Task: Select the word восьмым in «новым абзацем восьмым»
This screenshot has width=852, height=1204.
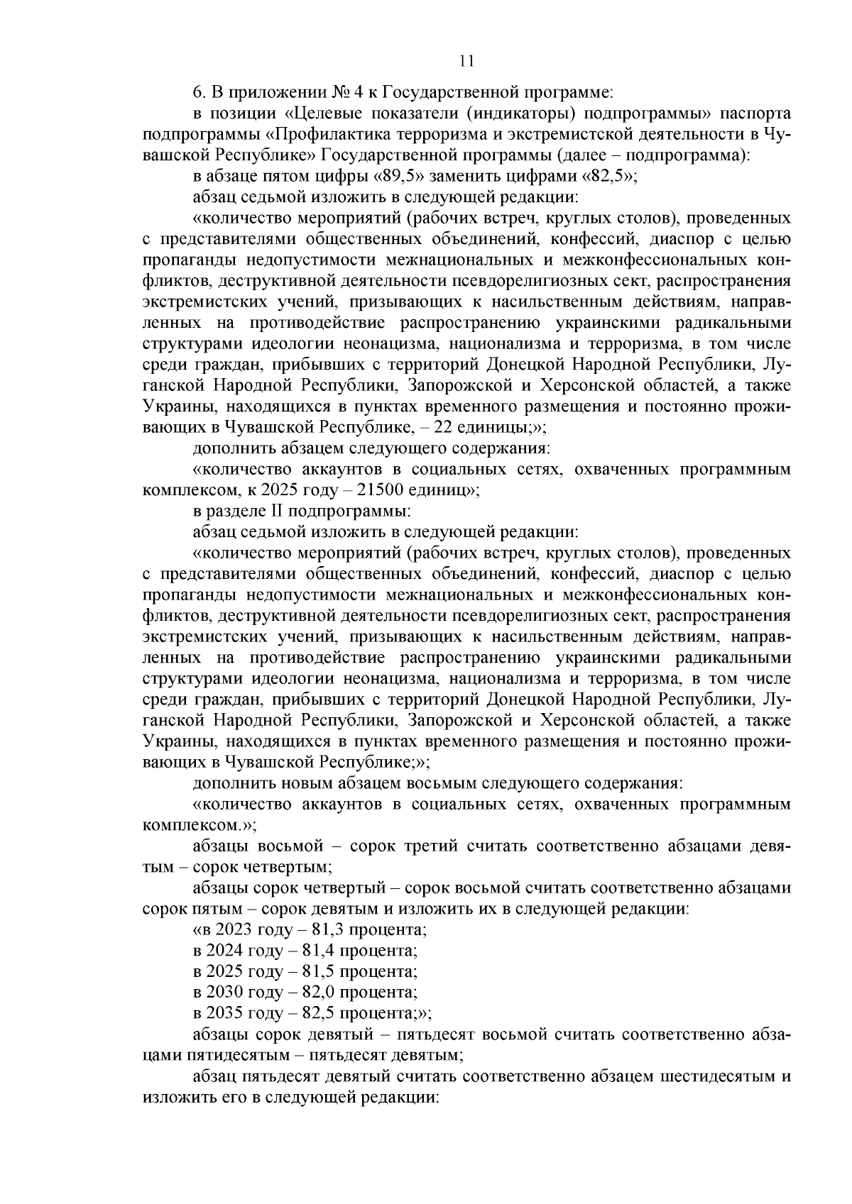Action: pos(442,784)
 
